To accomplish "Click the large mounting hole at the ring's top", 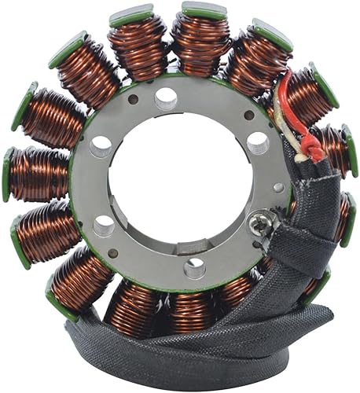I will tap(166, 97).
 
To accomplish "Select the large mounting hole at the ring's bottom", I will tap(193, 267).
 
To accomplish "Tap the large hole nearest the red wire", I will tap(257, 143).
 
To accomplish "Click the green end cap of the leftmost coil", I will tap(9, 174).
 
